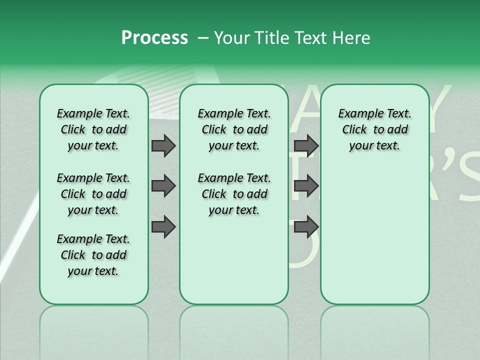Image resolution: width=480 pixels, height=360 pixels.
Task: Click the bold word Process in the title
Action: [154, 38]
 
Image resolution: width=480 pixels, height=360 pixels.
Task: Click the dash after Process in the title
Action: [202, 38]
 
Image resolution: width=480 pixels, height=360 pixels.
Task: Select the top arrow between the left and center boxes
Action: [163, 146]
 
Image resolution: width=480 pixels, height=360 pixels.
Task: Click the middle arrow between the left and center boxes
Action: [163, 186]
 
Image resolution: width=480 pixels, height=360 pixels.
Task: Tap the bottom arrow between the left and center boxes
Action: [163, 227]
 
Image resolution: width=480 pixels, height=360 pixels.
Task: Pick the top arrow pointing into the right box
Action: [306, 146]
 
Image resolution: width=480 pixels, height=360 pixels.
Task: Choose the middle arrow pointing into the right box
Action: [306, 186]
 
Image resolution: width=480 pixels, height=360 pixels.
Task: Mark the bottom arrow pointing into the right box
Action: [306, 227]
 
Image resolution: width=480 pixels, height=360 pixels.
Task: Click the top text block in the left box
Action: [93, 129]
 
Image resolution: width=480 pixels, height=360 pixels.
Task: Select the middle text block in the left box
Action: [93, 194]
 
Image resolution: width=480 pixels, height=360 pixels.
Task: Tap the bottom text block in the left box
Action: [93, 255]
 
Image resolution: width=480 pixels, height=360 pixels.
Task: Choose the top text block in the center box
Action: [234, 129]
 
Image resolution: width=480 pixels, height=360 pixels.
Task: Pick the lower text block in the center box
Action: [234, 194]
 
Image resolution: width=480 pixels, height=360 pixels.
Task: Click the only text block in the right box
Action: [374, 129]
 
